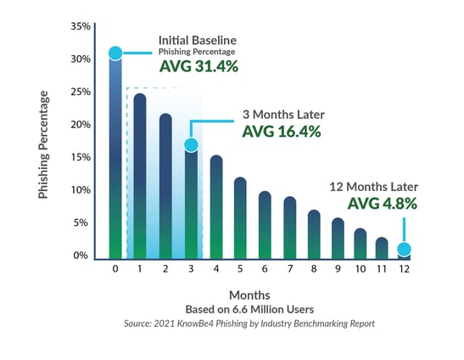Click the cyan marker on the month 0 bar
(115, 53)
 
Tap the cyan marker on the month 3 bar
(191, 145)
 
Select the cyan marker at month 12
(405, 250)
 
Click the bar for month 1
(141, 174)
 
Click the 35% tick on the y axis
(80, 26)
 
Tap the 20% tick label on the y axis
(80, 125)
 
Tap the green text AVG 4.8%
(383, 204)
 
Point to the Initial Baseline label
(197, 40)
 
